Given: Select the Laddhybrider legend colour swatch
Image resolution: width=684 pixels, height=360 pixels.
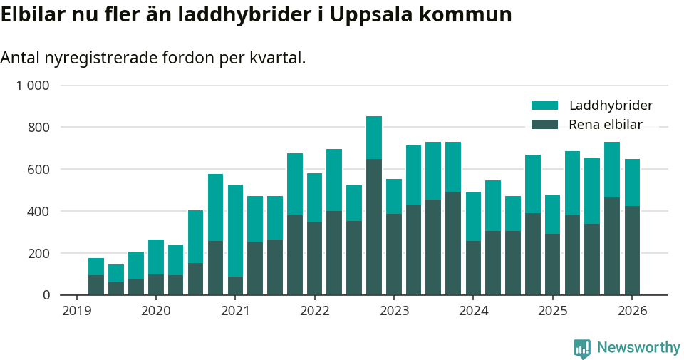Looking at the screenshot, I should tap(545, 106).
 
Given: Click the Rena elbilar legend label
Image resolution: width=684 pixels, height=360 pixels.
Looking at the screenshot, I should tap(606, 125).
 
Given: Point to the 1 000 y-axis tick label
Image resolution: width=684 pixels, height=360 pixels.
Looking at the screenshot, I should tap(33, 86).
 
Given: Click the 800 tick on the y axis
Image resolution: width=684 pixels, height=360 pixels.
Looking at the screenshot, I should tap(38, 128).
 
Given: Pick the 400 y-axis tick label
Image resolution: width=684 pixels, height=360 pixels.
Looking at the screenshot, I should tap(38, 212).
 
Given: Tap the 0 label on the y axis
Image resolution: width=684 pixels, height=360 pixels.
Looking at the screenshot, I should tap(46, 295).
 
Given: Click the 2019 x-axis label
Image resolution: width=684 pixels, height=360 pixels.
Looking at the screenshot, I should tap(76, 311).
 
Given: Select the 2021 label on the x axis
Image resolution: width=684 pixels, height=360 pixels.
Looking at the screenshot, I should tap(235, 311).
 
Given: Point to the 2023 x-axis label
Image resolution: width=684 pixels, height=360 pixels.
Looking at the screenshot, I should tap(394, 311).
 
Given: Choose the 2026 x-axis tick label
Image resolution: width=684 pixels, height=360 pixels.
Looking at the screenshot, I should tap(632, 311).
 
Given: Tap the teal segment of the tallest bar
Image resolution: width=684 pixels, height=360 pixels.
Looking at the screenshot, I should tap(374, 138).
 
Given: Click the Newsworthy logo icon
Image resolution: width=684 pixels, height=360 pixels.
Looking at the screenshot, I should tap(582, 348).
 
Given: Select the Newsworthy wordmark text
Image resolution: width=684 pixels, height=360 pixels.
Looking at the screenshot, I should tap(638, 348).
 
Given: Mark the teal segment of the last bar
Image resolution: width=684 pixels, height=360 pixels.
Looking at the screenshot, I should tap(632, 182).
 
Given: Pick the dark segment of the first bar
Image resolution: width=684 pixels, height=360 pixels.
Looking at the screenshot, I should tap(96, 285).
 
